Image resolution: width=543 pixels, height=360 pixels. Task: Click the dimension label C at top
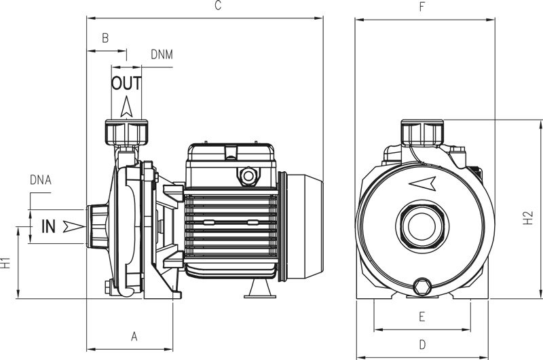tap(217, 6)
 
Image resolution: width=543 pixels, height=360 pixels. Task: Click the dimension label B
tap(105, 39)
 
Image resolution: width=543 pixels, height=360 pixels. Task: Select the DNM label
tap(162, 54)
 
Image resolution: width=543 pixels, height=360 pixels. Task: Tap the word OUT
tap(126, 84)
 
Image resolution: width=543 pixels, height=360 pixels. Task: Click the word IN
tap(49, 227)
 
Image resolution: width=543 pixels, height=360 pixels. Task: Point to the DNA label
tap(41, 180)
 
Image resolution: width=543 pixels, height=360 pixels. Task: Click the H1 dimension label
tap(6, 264)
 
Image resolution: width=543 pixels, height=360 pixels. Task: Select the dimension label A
tap(134, 336)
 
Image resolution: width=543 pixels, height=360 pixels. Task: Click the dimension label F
tap(422, 7)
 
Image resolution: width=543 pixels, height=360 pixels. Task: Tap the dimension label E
tap(422, 317)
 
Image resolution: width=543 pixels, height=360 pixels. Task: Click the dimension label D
tap(422, 344)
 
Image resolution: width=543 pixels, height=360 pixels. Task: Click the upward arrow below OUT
tap(126, 107)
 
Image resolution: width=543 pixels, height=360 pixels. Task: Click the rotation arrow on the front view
tap(422, 183)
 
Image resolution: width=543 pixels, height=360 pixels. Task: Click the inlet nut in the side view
tap(96, 227)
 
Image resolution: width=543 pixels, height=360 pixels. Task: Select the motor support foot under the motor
tap(259, 290)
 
